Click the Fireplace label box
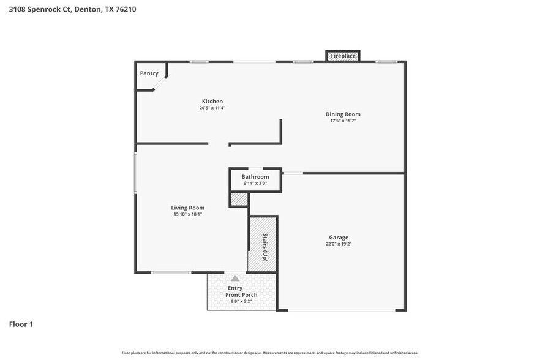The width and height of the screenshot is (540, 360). tap(343, 56)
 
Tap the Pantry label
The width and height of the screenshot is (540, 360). tap(149, 73)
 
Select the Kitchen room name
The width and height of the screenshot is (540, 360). tap(212, 101)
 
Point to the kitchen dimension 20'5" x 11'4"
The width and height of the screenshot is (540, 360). tap(212, 108)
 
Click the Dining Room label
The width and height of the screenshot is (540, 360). tap(342, 114)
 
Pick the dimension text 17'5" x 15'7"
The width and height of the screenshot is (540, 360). tap(342, 121)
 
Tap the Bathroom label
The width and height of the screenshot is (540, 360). tap(255, 177)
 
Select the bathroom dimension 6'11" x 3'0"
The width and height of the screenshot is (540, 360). tap(255, 183)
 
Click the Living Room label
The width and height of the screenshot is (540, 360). tap(187, 208)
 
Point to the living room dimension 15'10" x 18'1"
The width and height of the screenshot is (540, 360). tap(187, 214)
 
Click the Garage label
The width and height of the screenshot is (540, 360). tap(338, 237)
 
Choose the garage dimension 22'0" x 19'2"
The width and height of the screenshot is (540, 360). tap(338, 244)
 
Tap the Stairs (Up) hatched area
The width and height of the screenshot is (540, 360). tap(263, 244)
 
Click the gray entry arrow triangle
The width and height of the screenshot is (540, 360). tap(235, 279)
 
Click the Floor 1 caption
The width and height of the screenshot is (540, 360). tap(21, 324)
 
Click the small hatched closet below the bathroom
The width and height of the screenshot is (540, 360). tap(239, 200)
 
